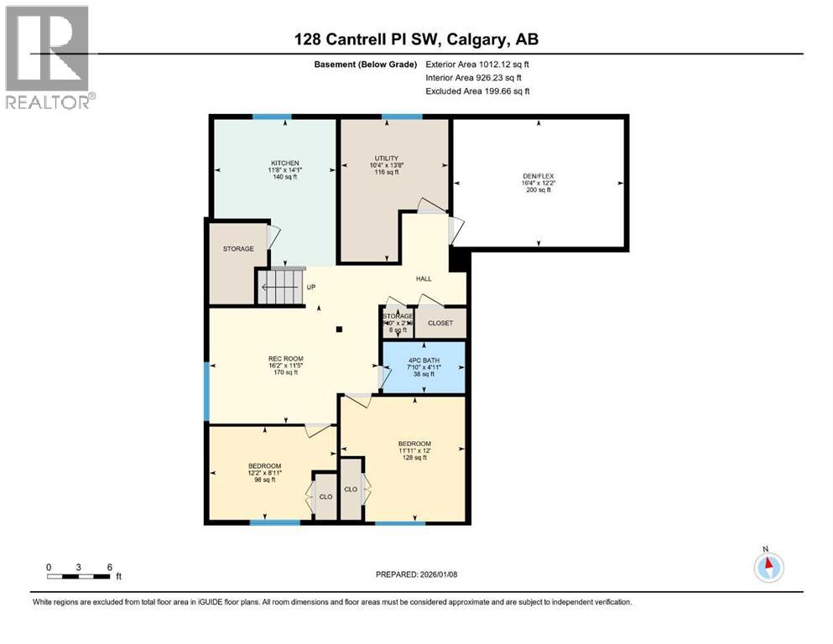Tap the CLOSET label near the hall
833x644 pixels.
pyautogui.click(x=440, y=323)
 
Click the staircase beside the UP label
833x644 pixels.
pyautogui.click(x=279, y=286)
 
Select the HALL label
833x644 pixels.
pyautogui.click(x=424, y=278)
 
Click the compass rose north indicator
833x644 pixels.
pyautogui.click(x=768, y=566)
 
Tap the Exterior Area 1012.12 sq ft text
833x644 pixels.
pyautogui.click(x=477, y=64)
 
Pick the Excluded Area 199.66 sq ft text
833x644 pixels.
pyautogui.click(x=477, y=91)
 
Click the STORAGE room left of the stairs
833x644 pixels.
pyautogui.click(x=237, y=249)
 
